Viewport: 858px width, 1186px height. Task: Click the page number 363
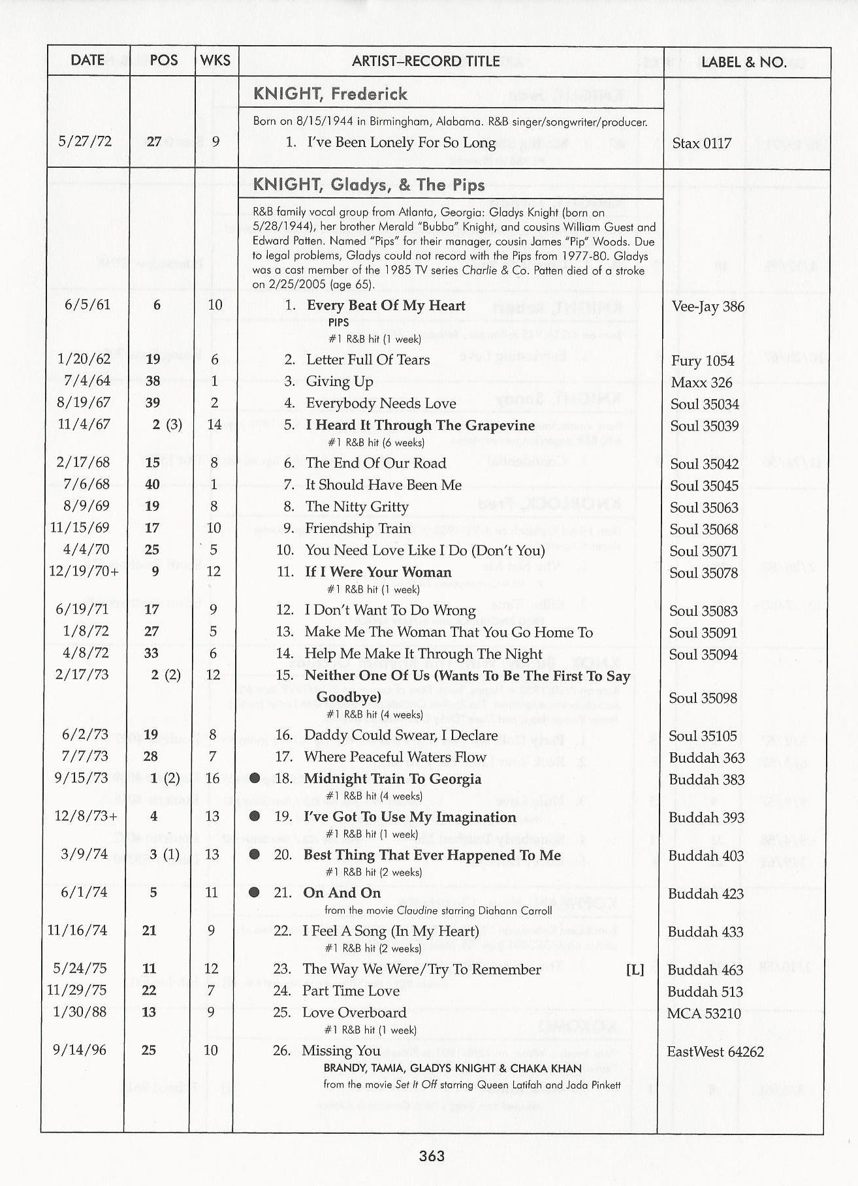(x=432, y=1155)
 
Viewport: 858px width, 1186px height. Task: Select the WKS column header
(x=215, y=61)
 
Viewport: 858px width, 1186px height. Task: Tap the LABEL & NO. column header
(x=743, y=62)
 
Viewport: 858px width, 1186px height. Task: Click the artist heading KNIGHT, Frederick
(x=330, y=94)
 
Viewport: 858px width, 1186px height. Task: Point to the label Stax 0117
(x=701, y=144)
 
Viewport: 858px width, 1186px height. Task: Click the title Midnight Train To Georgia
(x=392, y=779)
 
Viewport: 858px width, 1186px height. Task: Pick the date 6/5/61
(x=87, y=305)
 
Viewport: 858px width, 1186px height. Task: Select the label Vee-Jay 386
(x=708, y=306)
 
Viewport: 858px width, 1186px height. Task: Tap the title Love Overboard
(x=354, y=1013)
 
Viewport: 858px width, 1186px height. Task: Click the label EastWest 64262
(x=715, y=1051)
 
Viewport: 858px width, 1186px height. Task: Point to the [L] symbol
(x=635, y=970)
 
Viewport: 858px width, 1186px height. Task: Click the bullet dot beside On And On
(x=255, y=893)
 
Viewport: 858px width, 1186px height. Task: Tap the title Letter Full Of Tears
(x=368, y=360)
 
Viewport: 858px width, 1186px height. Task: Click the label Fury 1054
(x=702, y=361)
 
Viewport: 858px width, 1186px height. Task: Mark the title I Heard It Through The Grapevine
(x=421, y=426)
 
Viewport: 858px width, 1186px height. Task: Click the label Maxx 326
(x=701, y=383)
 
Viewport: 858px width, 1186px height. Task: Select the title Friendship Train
(x=358, y=528)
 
